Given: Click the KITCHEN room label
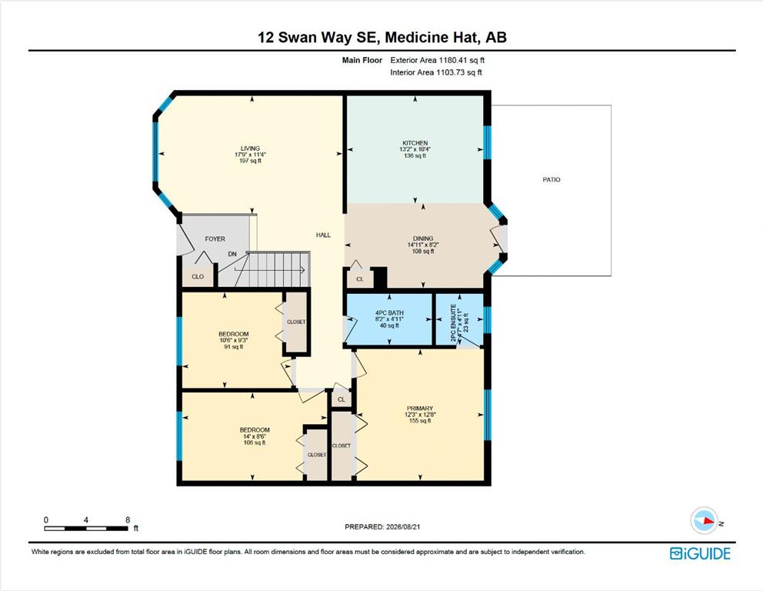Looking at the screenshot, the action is point(415,143).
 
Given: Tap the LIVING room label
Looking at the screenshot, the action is point(250,149).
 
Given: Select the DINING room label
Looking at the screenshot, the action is point(423,239).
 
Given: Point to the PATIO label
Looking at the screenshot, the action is point(551,179).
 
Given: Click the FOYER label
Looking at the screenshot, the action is point(215,239).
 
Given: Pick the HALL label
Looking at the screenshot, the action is point(323,235).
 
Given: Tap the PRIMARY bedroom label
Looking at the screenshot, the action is point(420,409).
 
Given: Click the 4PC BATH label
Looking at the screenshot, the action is point(389,313).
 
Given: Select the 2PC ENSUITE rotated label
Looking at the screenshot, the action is point(454,322).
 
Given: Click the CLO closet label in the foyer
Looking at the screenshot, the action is point(198,276).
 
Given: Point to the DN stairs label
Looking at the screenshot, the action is point(232,254).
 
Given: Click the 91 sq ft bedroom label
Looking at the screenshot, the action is point(234,346).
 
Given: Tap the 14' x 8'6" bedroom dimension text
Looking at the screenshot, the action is point(255,436).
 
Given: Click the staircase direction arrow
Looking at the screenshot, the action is point(269,269).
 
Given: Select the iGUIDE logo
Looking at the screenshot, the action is point(700,553).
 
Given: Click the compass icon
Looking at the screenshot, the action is point(705,520).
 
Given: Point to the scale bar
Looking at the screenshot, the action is point(86,528).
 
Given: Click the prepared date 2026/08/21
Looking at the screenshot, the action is point(402,526).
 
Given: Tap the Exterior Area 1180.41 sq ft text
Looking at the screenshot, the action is point(438,60).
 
